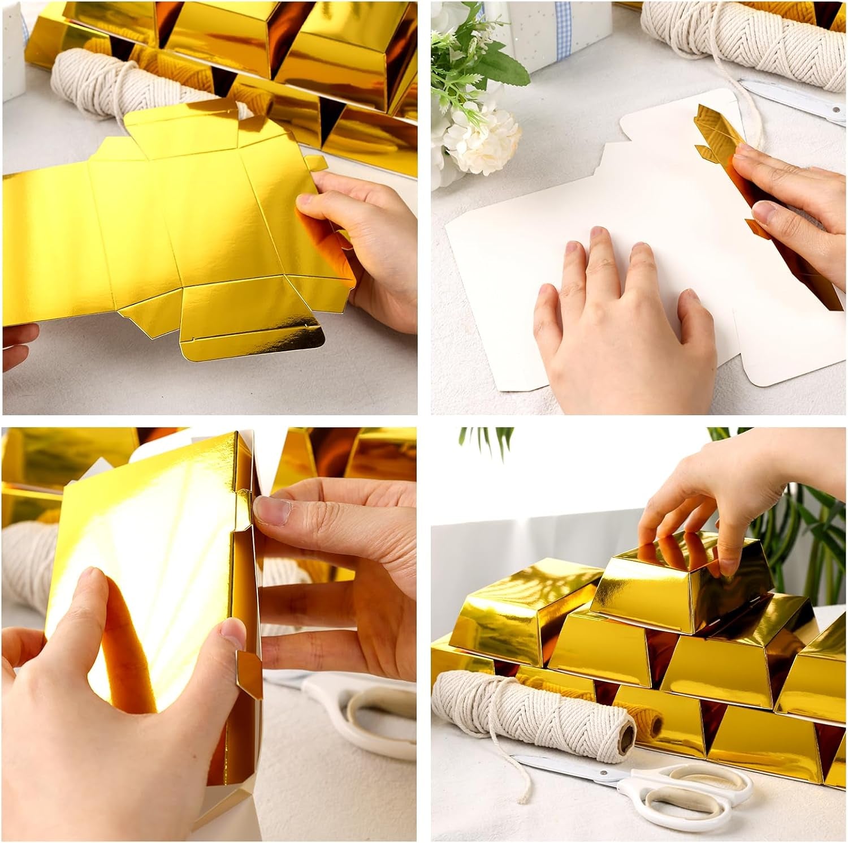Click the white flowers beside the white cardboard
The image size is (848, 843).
click(x=481, y=136)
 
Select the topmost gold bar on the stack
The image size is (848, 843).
click(x=678, y=577)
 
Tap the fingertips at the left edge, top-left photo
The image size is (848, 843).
click(x=20, y=345)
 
